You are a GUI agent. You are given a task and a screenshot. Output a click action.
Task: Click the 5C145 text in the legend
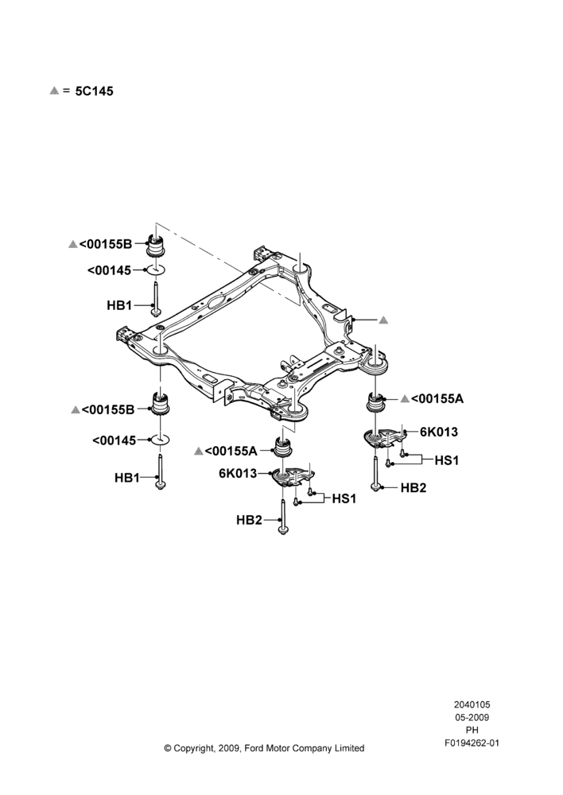(x=95, y=91)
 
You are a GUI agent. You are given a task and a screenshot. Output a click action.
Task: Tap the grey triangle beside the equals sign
(x=54, y=91)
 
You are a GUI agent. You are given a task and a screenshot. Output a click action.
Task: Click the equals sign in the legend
(x=67, y=91)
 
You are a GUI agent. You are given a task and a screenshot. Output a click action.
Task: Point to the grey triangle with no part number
(x=383, y=320)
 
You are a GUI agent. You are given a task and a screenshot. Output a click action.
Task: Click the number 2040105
(x=472, y=704)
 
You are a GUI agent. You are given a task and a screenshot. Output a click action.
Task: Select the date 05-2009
(x=472, y=717)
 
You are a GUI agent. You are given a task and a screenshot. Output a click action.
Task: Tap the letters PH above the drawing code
(x=472, y=730)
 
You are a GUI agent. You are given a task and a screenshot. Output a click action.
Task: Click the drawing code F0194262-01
(x=472, y=743)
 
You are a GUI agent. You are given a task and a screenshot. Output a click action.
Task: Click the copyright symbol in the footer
(x=168, y=748)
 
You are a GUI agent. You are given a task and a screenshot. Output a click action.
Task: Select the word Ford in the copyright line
(x=254, y=748)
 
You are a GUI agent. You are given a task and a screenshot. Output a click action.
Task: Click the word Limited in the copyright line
(x=349, y=748)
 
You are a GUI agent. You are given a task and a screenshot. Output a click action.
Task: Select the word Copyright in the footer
(x=196, y=748)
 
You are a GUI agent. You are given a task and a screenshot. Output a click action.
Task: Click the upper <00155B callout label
(x=105, y=244)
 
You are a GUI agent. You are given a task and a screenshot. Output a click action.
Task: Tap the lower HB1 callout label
(x=126, y=478)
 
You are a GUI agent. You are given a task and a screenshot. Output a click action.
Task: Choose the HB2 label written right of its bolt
(x=414, y=488)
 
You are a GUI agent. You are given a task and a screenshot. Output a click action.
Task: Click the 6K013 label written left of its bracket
(x=238, y=473)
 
